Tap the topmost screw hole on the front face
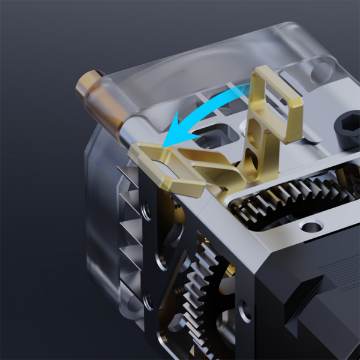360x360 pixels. [x=146, y=209]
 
